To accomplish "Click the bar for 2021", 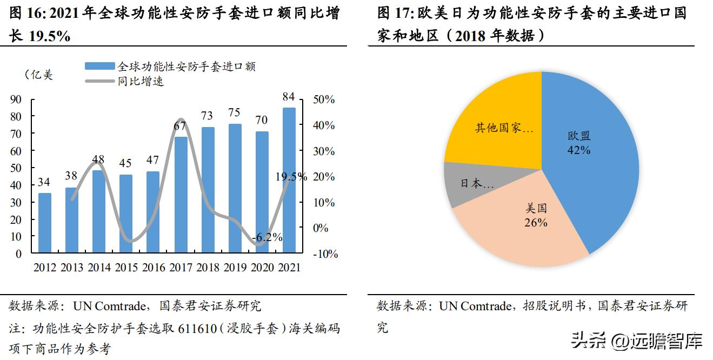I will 289,180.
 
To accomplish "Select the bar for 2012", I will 45,222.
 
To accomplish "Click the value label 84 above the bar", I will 289,97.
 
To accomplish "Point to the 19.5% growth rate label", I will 291,177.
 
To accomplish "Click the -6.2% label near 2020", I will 267,237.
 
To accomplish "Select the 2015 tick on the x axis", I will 126,267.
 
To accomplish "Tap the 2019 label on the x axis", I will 235,267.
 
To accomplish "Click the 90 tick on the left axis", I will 16,99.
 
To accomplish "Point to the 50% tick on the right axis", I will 324,100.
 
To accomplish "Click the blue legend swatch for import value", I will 99,66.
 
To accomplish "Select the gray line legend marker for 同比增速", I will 99,81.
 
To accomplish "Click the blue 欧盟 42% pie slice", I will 589,162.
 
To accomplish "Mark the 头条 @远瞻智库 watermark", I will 637,341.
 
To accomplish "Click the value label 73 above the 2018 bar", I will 208,116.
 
